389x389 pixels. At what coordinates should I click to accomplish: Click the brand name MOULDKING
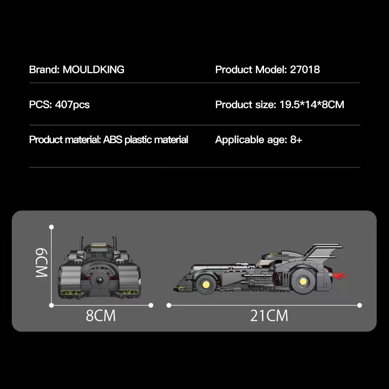(x=93, y=70)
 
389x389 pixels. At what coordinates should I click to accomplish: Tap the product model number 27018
(x=305, y=70)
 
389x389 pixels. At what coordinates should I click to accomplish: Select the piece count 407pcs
(x=72, y=105)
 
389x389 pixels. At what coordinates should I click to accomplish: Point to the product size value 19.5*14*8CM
(x=312, y=105)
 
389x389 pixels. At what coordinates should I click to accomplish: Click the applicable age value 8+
(x=296, y=140)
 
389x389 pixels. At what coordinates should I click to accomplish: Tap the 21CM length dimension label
(x=269, y=316)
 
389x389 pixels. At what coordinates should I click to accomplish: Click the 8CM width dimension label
(x=101, y=316)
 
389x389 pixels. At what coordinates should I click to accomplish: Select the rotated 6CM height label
(x=41, y=263)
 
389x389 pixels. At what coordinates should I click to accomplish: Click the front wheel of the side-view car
(x=206, y=284)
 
